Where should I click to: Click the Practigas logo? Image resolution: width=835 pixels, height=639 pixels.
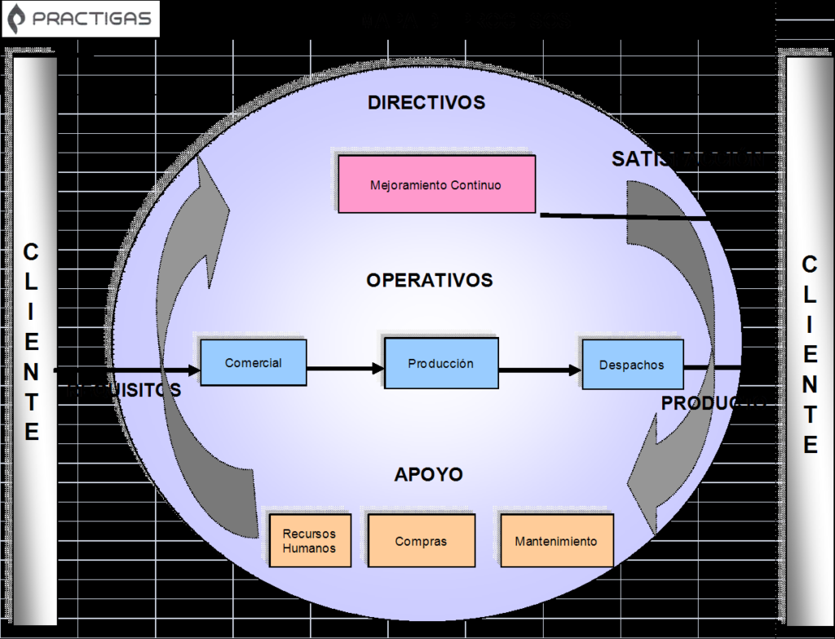tap(81, 19)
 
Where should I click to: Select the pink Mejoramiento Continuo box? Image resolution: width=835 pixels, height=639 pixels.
tap(436, 184)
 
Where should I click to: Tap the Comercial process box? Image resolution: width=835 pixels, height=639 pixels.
tap(253, 363)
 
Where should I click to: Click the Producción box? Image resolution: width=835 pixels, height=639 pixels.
tap(440, 363)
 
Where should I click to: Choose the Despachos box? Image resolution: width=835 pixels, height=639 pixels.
tap(632, 365)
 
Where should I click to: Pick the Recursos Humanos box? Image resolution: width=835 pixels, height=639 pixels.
tap(309, 541)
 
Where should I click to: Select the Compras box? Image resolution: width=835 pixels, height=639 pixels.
tap(421, 541)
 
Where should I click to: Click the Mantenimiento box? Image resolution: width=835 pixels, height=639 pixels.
tap(556, 541)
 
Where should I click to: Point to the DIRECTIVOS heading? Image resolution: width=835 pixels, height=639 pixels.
tap(426, 103)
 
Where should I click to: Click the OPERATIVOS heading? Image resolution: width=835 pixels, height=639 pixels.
tap(429, 281)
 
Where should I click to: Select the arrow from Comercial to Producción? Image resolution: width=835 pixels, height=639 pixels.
tap(345, 369)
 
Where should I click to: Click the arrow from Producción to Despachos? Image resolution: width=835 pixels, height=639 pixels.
tap(539, 370)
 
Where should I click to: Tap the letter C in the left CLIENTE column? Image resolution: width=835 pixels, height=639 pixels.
tap(30, 252)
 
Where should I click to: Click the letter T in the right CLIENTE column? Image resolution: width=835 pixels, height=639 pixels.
tap(809, 415)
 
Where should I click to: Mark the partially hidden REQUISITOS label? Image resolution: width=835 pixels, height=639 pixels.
tap(122, 391)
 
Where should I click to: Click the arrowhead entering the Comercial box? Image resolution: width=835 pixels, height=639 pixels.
tap(193, 371)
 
